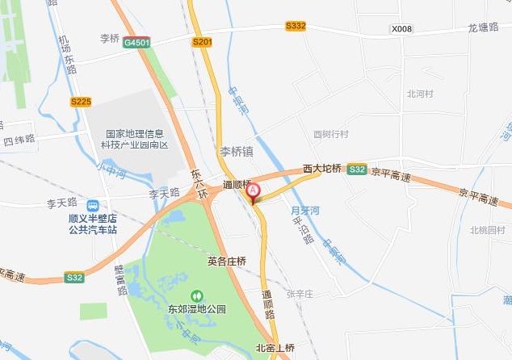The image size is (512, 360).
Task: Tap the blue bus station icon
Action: [x=94, y=205]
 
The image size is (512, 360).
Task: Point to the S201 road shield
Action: [x=203, y=40]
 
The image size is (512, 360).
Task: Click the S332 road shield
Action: [x=296, y=26]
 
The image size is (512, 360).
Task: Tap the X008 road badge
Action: [x=401, y=29]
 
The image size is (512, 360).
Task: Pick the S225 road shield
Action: [x=81, y=101]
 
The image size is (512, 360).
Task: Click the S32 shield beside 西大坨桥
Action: [x=356, y=170]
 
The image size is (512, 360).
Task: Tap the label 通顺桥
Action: [x=238, y=184]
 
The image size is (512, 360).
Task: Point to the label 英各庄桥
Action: [x=226, y=261]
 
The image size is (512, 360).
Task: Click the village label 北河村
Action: [x=420, y=94]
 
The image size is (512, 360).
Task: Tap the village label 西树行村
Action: [x=330, y=134]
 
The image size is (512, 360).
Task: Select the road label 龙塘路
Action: [x=484, y=27]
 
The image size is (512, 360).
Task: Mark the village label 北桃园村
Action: [x=488, y=230]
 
